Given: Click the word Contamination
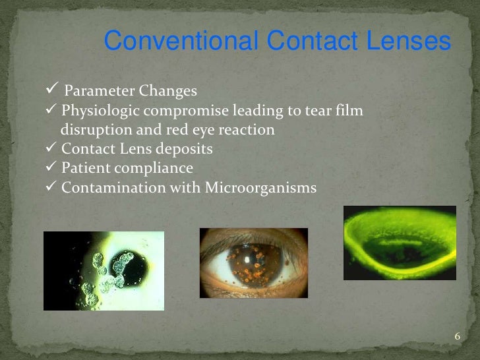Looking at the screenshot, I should pyautogui.click(x=107, y=188).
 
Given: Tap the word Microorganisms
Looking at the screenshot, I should pyautogui.click(x=260, y=188).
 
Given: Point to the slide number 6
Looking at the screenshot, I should pyautogui.click(x=457, y=338).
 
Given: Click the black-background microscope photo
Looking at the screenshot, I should pyautogui.click(x=104, y=270).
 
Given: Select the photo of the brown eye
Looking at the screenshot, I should pyautogui.click(x=253, y=262).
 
